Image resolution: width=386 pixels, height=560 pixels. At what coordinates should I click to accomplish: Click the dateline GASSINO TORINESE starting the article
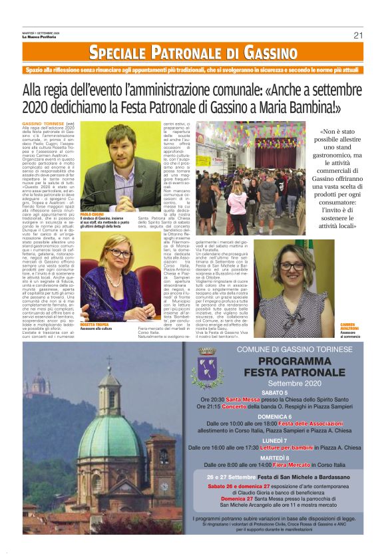pyautogui.click(x=44, y=124)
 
